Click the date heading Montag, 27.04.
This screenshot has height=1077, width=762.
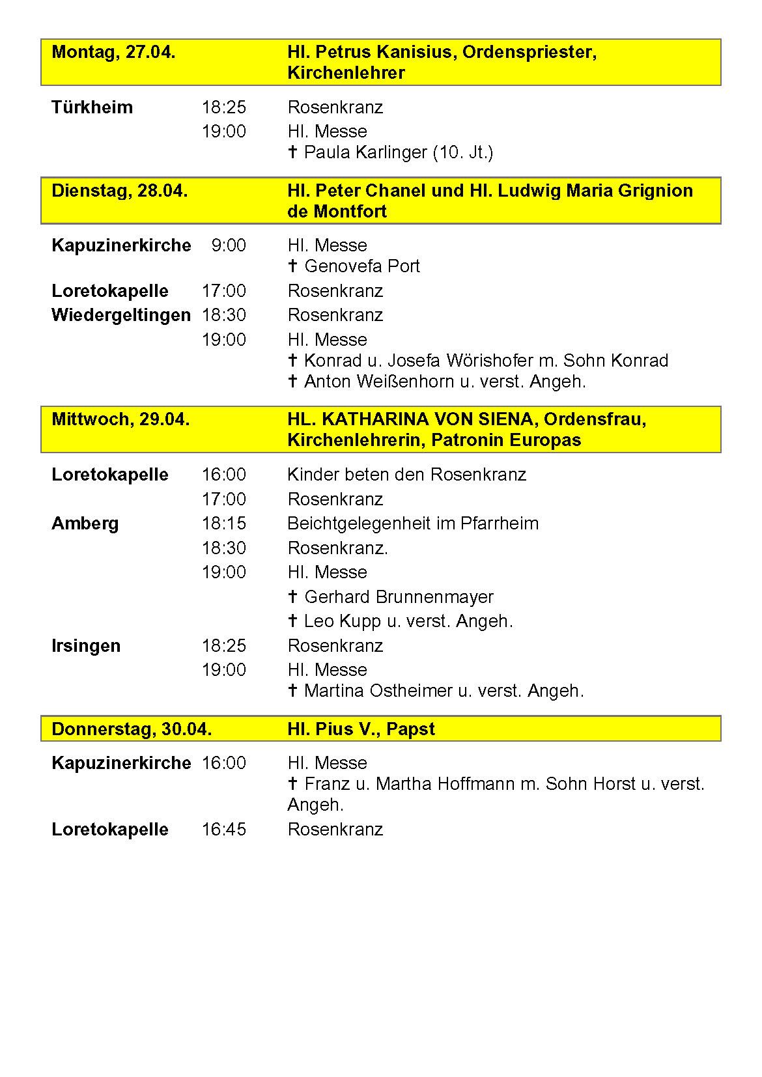(113, 52)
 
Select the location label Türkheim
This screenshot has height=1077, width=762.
(92, 107)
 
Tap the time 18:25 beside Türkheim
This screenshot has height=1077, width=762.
(223, 107)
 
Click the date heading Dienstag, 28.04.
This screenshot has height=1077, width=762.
(119, 191)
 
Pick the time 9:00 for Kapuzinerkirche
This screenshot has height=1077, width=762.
(229, 245)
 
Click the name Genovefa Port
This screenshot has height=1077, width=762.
(361, 266)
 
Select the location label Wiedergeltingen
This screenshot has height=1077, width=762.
(121, 315)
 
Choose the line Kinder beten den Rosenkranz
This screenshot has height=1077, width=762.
(406, 475)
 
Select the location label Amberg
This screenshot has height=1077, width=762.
(85, 524)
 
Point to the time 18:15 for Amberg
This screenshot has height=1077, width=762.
(223, 524)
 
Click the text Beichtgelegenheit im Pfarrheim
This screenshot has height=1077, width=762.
(413, 524)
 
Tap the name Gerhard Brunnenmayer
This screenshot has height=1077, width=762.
(399, 597)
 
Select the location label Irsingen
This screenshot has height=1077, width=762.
(86, 646)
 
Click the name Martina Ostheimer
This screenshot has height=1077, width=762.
(378, 691)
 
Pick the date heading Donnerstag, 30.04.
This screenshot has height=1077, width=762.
(132, 729)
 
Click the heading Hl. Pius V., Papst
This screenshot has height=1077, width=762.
(361, 729)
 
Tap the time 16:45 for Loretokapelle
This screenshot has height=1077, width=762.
(223, 830)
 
